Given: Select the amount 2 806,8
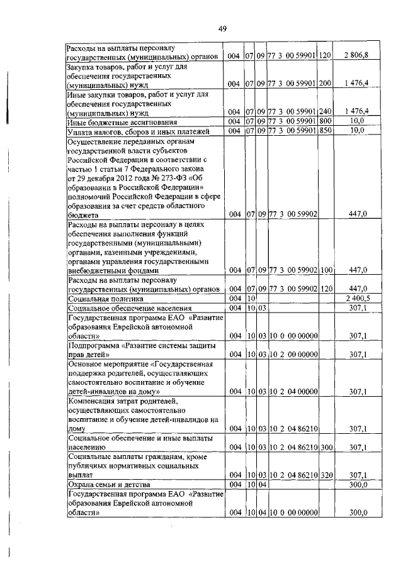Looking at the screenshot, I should (356, 57).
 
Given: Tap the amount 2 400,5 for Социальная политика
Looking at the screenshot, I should (356, 298).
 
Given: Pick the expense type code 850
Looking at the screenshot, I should (325, 131).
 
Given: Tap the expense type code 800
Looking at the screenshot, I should (325, 121).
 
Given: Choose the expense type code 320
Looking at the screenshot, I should (325, 476).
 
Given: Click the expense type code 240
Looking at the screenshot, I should (325, 111).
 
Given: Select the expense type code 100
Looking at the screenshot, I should (325, 270).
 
